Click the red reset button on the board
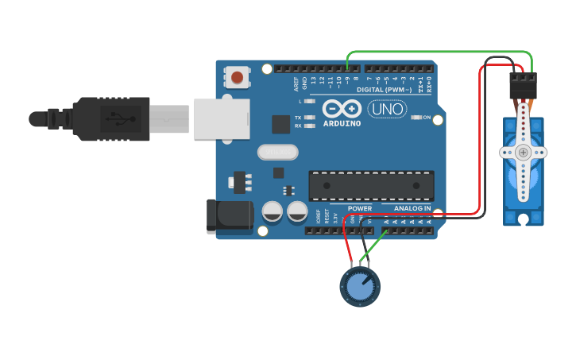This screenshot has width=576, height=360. (x=237, y=77)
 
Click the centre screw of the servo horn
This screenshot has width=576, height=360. (x=523, y=152)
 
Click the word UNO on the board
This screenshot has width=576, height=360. (x=387, y=109)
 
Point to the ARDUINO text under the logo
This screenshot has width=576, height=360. (x=342, y=123)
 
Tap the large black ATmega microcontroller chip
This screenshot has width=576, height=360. (x=372, y=185)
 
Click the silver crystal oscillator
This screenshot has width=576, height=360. (x=276, y=151)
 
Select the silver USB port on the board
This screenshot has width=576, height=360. (x=221, y=119)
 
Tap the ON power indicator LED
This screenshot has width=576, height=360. (x=417, y=118)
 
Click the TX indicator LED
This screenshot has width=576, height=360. (x=310, y=118)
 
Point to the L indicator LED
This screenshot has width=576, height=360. (x=310, y=102)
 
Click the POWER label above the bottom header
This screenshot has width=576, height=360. (x=359, y=208)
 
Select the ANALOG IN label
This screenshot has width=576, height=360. (x=412, y=208)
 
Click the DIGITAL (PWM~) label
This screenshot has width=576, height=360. (x=385, y=90)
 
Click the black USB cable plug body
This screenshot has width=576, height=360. (x=111, y=119)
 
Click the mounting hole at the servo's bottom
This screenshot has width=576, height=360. (x=522, y=219)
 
